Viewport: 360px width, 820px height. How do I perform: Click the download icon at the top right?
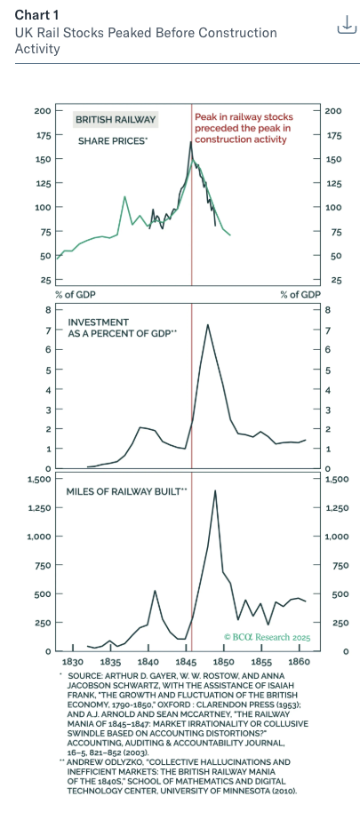click(347, 24)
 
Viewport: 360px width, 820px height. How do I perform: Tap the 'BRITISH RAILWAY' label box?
click(116, 120)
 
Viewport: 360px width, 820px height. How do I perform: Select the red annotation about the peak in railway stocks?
click(244, 129)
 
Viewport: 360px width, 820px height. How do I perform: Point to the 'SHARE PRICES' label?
click(112, 141)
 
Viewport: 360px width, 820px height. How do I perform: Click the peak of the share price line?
click(191, 142)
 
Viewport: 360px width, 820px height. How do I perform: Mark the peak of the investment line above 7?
click(208, 325)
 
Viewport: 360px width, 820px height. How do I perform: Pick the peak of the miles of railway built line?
click(215, 490)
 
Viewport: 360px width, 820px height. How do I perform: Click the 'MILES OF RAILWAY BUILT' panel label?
click(126, 491)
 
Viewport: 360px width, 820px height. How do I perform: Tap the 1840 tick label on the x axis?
click(148, 662)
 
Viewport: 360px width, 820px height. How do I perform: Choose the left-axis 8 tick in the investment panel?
click(47, 309)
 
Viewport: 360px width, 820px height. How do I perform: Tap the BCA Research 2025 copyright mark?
click(267, 637)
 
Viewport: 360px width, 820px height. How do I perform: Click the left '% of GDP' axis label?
click(76, 294)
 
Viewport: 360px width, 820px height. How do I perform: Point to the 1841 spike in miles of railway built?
click(155, 591)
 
